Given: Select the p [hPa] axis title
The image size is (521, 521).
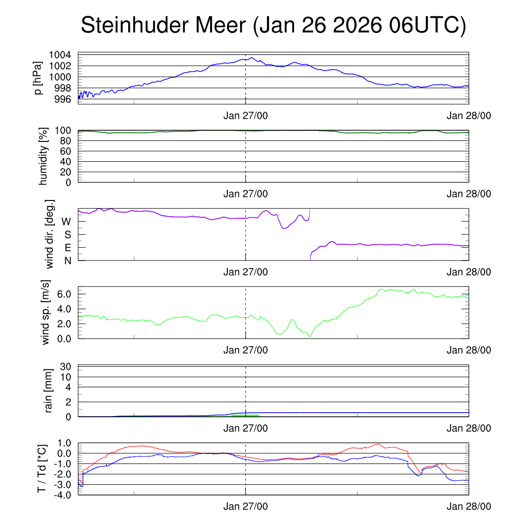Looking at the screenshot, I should pyautogui.click(x=38, y=77).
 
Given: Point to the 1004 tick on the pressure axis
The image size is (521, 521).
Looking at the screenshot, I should pyautogui.click(x=60, y=55).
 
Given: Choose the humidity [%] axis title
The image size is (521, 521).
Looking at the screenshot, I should pyautogui.click(x=43, y=156).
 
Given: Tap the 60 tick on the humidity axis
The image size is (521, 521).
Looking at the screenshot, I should pyautogui.click(x=67, y=151).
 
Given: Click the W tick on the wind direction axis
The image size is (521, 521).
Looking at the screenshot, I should pyautogui.click(x=66, y=221).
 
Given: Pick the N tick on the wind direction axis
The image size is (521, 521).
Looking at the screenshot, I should pyautogui.click(x=67, y=260).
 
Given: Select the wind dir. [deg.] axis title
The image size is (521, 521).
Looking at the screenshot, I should pyautogui.click(x=49, y=235).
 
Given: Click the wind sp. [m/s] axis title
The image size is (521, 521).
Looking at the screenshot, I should pyautogui.click(x=47, y=312).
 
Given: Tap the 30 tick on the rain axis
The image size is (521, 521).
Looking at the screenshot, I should pyautogui.click(x=67, y=366).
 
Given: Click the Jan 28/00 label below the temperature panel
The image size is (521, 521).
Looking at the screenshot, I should pyautogui.click(x=469, y=507).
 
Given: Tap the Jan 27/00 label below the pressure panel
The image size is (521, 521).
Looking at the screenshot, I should pyautogui.click(x=246, y=116).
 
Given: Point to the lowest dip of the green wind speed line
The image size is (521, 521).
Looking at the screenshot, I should pyautogui.click(x=309, y=336).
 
